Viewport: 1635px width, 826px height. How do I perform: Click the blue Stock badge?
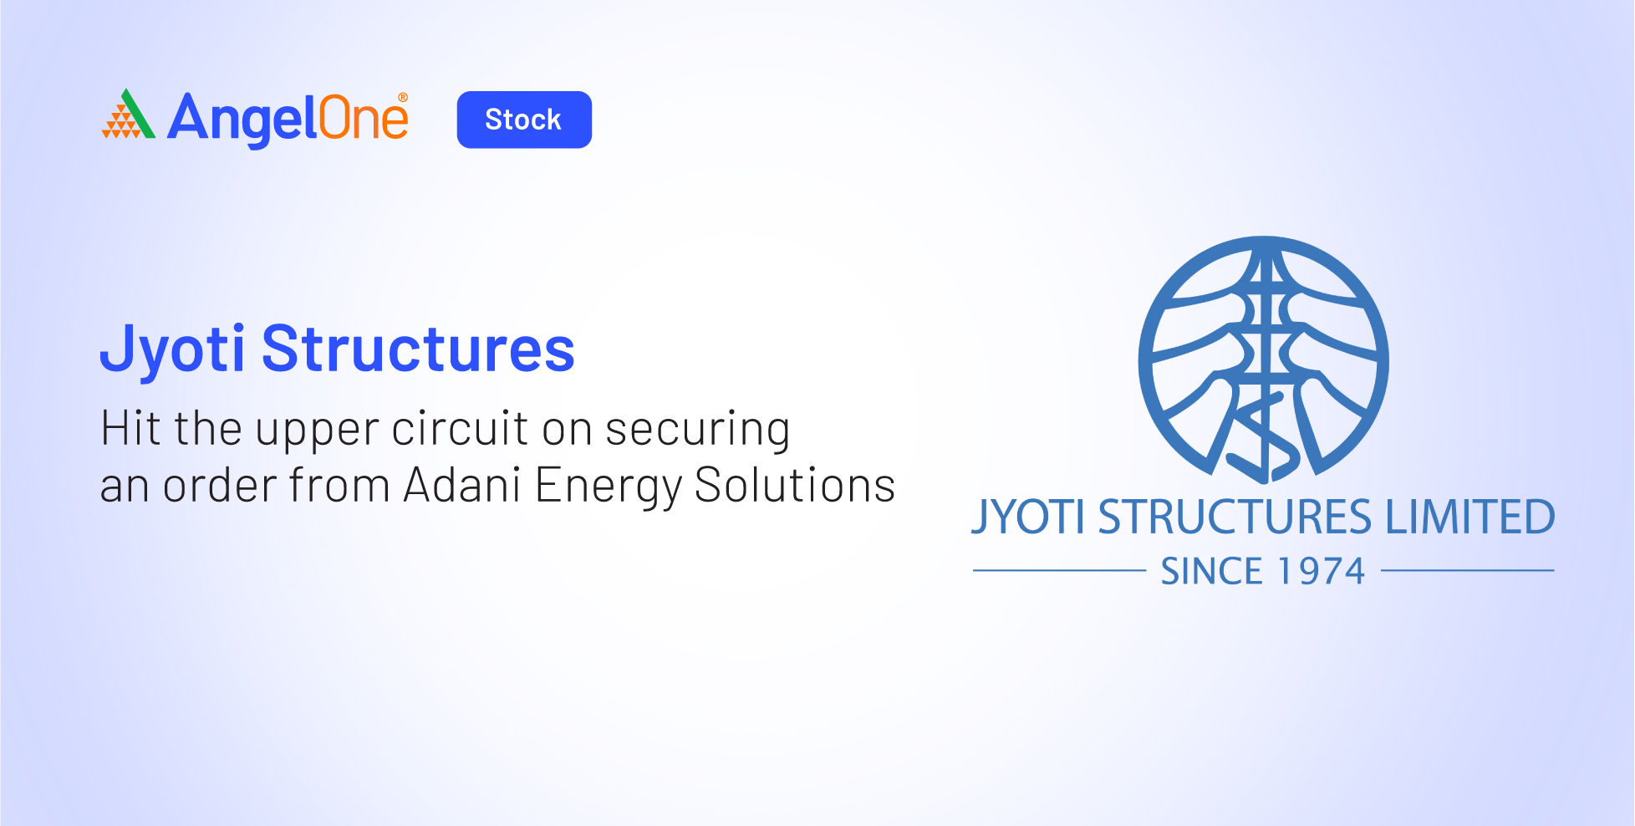point(524,120)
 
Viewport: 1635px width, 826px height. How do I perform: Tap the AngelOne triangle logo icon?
point(128,114)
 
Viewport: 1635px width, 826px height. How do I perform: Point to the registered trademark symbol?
point(403,97)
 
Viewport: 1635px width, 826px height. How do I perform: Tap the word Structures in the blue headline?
point(418,349)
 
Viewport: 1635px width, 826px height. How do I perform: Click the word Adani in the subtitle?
point(462,485)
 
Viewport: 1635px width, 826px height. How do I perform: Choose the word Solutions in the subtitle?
point(795,485)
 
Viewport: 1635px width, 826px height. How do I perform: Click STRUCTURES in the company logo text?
point(1235,517)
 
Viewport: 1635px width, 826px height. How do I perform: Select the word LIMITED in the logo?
point(1470,517)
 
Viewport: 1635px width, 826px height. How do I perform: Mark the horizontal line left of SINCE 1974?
point(1059,571)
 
